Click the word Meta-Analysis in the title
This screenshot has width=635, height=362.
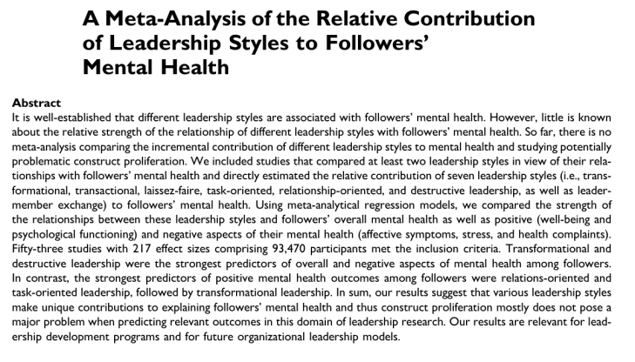click(x=194, y=19)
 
